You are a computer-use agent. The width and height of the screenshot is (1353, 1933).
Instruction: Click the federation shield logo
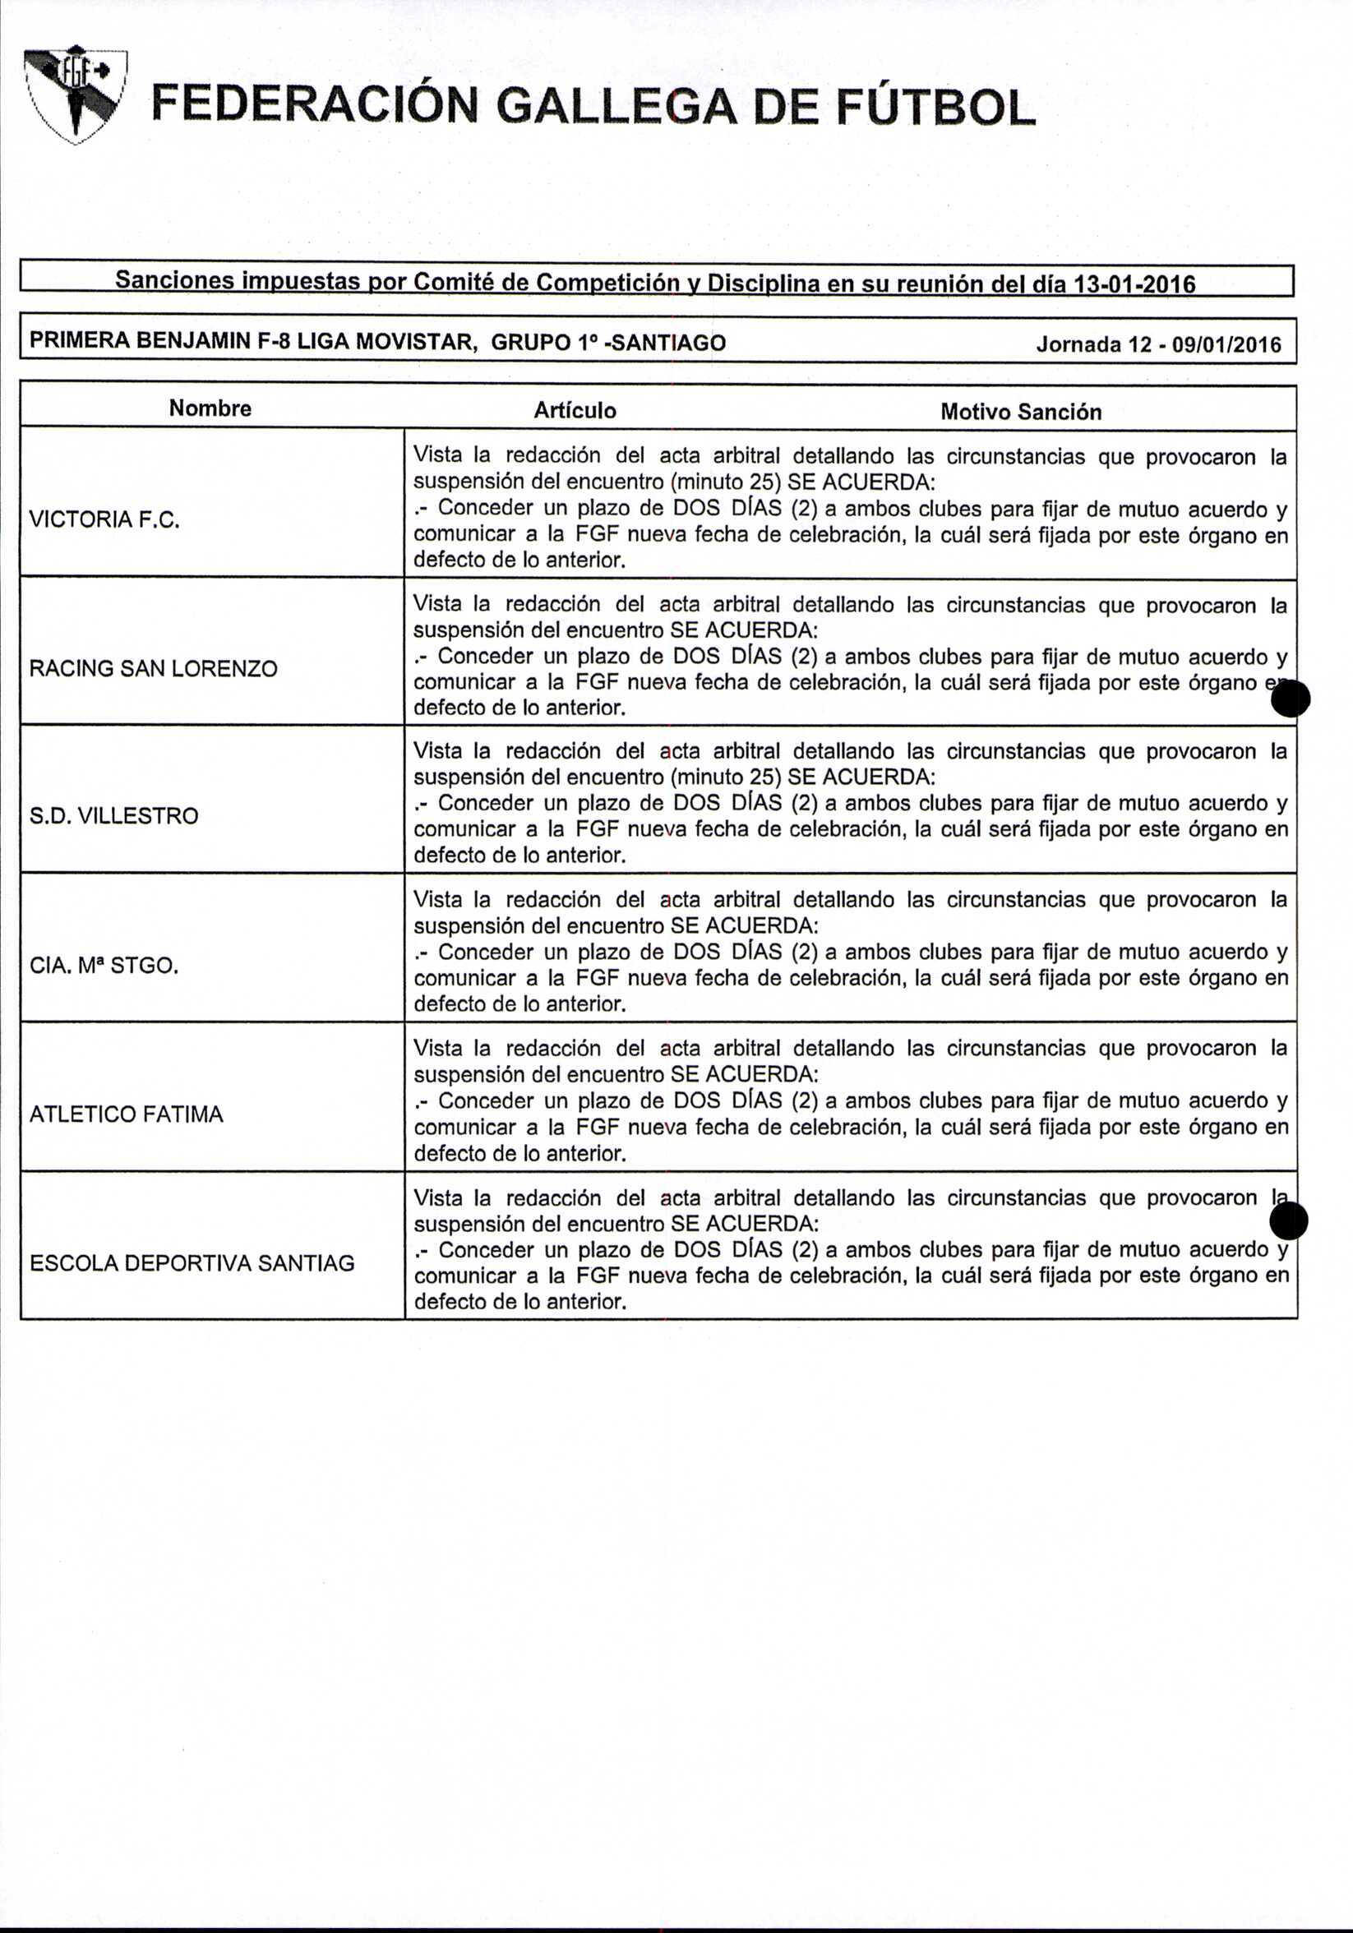pos(75,95)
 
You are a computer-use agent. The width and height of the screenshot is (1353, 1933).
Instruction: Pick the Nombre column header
pos(210,408)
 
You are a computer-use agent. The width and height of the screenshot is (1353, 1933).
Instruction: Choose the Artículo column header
pos(575,411)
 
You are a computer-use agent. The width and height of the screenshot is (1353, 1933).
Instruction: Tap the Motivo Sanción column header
pos(1020,412)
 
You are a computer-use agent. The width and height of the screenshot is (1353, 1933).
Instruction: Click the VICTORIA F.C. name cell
pos(105,519)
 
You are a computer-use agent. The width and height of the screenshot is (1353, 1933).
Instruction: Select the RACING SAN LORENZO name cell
pos(153,668)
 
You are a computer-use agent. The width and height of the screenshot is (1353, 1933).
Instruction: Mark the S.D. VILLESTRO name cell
pos(113,816)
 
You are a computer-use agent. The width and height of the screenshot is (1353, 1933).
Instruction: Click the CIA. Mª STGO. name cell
pos(104,966)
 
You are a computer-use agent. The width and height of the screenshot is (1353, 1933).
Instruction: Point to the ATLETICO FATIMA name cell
pos(127,1114)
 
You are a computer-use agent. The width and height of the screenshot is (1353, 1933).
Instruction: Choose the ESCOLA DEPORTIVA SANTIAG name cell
pos(192,1263)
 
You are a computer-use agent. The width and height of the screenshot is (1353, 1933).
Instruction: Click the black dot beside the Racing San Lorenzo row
pos(1290,699)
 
